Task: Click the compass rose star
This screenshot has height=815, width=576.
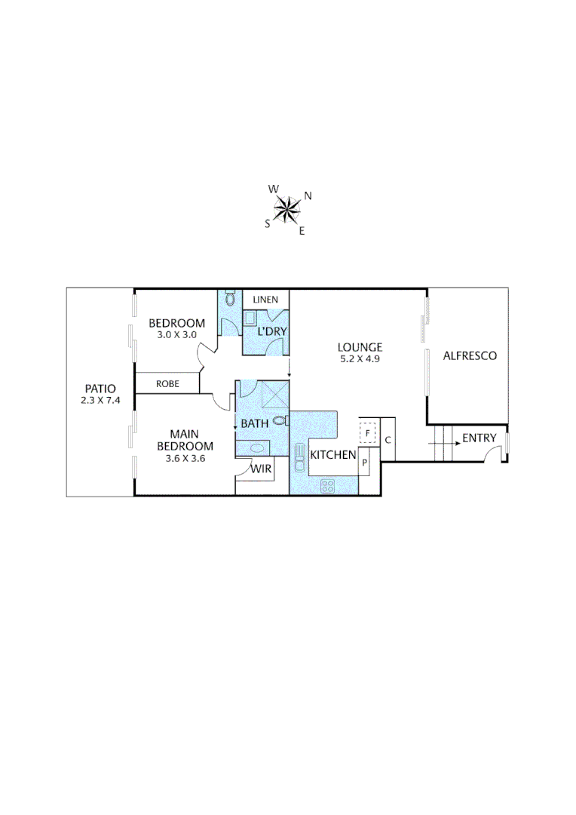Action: (286, 209)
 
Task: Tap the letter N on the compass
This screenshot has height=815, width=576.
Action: (308, 196)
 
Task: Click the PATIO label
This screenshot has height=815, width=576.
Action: (100, 389)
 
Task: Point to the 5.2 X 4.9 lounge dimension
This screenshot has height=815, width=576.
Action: (360, 359)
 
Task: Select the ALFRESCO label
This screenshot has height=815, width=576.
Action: (470, 355)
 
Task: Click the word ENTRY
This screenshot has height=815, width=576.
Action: (479, 438)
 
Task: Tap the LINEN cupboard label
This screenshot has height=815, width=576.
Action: (265, 300)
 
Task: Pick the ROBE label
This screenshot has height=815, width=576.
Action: (167, 383)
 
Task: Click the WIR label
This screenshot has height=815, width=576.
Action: (262, 469)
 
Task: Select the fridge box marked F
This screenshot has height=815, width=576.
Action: (368, 434)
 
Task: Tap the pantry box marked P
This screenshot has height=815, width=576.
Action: (363, 463)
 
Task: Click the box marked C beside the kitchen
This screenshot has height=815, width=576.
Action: (388, 439)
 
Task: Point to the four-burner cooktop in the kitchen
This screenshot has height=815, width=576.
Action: (328, 487)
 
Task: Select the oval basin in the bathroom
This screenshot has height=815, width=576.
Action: (257, 448)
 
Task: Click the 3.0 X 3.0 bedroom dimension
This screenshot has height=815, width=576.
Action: (176, 334)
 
